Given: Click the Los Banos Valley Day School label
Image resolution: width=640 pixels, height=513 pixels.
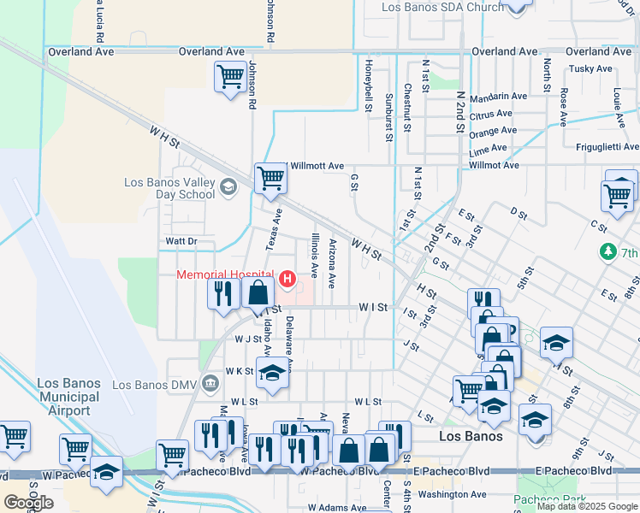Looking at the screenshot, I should pyautogui.click(x=169, y=188).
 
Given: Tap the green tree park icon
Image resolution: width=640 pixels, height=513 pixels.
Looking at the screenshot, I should pyautogui.click(x=607, y=252).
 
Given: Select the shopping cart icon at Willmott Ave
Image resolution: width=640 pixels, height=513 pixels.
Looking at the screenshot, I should pyautogui.click(x=270, y=178).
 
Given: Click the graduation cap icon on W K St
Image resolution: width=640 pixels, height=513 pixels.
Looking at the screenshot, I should pyautogui.click(x=272, y=374).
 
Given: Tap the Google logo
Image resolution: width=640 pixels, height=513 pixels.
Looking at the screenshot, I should pyautogui.click(x=28, y=503).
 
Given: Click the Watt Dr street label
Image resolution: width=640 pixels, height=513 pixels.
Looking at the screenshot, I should pyautogui.click(x=181, y=241).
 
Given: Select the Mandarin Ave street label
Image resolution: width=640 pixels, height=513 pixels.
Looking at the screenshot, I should pyautogui.click(x=498, y=97).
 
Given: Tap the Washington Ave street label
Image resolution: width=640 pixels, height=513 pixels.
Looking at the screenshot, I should pyautogui.click(x=453, y=494).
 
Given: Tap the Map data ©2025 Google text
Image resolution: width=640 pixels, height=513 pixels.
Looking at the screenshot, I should pyautogui.click(x=587, y=506).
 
